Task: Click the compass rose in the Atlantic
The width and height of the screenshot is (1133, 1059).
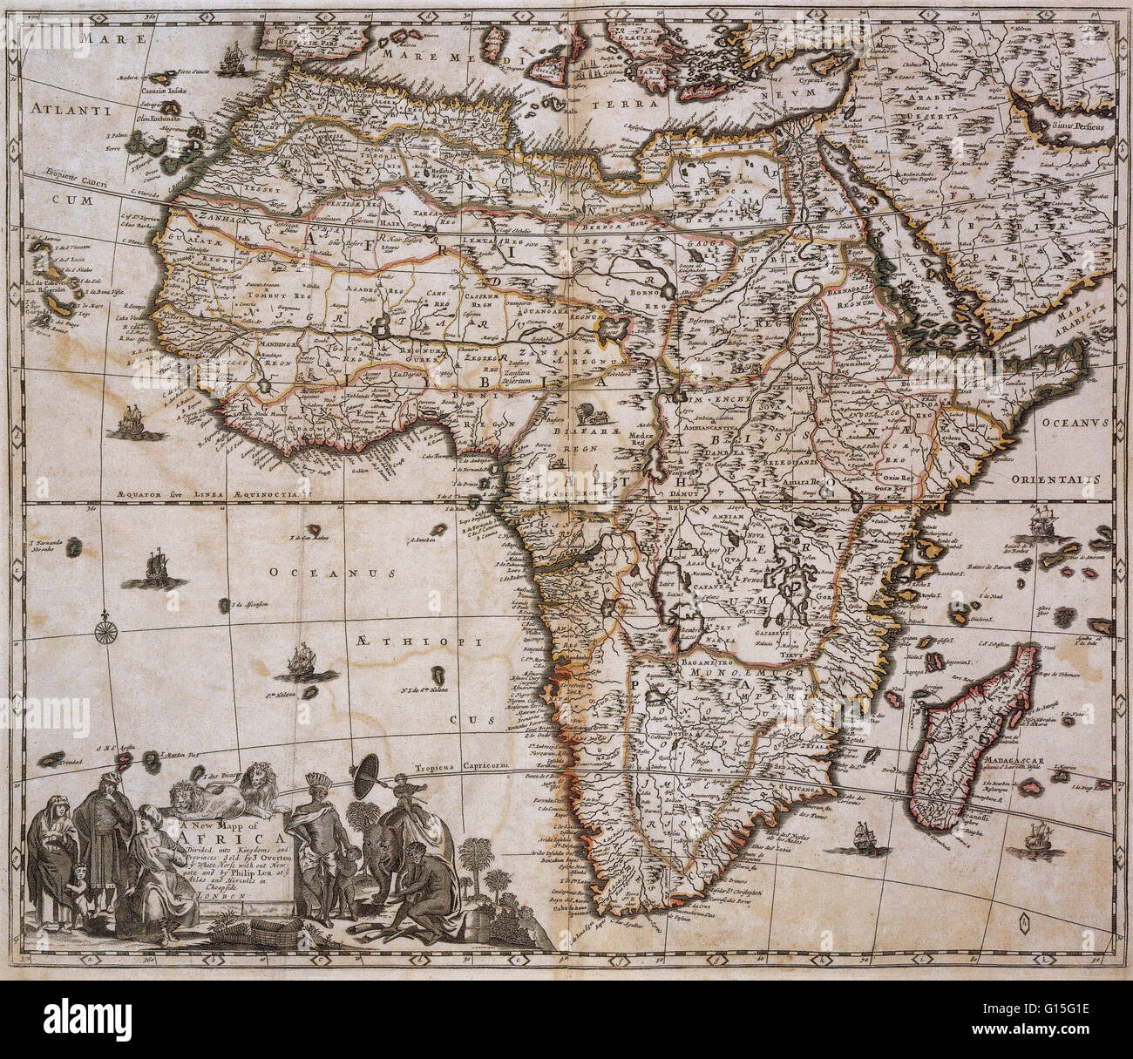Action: (x=106, y=622)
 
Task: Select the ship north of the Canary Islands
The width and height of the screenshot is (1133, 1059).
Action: (x=231, y=58)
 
